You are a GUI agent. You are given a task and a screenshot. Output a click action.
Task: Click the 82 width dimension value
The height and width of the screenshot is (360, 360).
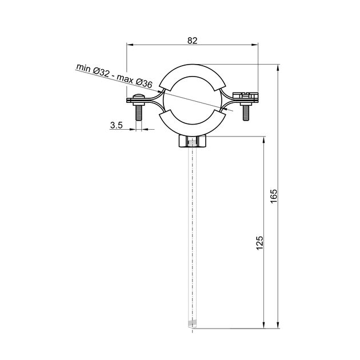192,41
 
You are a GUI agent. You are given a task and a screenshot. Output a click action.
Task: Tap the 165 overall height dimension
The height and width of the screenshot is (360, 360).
274,196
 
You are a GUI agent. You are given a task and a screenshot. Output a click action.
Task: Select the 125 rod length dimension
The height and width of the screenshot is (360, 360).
259,243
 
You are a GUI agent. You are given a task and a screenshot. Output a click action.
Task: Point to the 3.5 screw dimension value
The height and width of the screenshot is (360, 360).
117,125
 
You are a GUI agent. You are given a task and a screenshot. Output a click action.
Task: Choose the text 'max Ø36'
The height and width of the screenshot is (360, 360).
134,81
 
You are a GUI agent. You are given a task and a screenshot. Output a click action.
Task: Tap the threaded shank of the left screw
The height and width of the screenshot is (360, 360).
139,113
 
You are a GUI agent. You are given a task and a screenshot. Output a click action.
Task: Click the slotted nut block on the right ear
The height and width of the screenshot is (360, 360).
246,95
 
